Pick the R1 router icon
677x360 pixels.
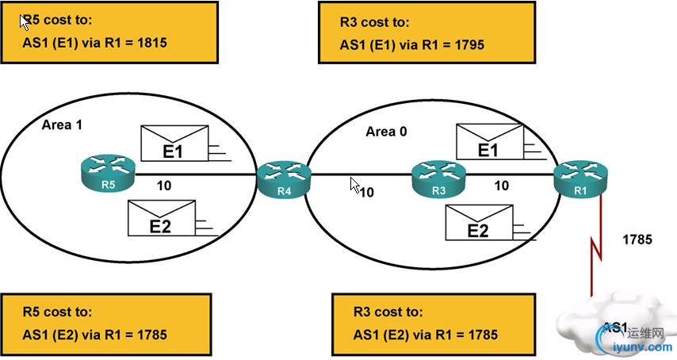578,174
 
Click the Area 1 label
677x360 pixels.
62,125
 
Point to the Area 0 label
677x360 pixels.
387,132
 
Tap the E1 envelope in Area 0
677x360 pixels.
490,142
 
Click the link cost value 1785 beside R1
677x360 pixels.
637,238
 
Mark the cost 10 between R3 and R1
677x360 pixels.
501,186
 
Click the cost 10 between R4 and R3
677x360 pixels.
366,191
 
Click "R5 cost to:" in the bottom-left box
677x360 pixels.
57,312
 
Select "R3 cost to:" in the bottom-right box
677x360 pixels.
388,312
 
